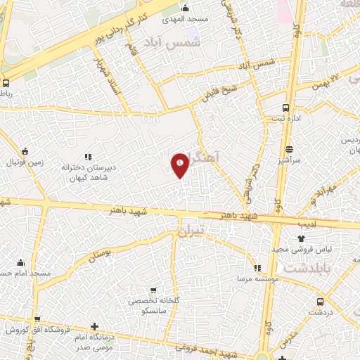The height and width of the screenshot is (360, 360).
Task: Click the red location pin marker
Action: (180, 165)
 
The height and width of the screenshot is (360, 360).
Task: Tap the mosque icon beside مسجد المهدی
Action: (185, 8)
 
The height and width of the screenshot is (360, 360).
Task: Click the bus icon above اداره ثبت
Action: (286, 108)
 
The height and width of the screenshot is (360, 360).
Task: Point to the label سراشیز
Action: (288, 161)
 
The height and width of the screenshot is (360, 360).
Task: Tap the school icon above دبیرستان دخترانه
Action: (88, 157)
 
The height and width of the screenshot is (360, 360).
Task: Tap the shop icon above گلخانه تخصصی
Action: (153, 290)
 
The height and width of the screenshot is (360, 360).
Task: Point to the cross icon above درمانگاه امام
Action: (95, 326)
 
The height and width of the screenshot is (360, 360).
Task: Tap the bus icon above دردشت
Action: (321, 300)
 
